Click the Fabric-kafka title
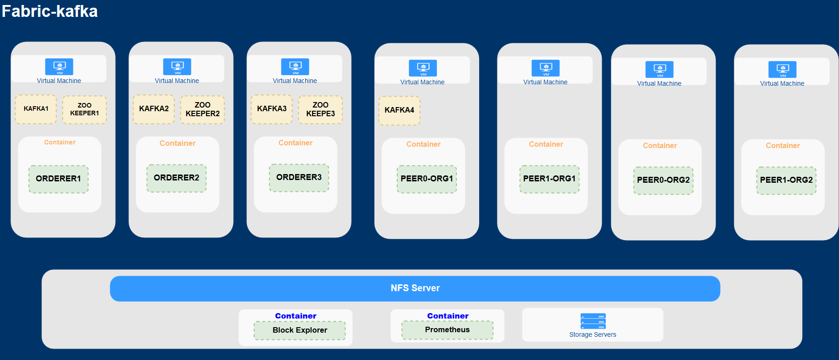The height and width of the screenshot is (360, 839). [50, 11]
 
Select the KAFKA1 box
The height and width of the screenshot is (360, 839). [36, 109]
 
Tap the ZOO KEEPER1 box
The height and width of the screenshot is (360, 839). [84, 109]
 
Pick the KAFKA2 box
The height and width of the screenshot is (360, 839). [154, 109]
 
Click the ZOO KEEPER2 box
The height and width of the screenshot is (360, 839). [203, 109]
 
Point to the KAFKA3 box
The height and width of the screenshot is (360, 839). [272, 109]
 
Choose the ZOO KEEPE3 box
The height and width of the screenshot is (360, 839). [321, 109]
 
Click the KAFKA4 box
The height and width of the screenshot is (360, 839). [399, 110]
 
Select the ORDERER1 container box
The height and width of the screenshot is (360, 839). [59, 179]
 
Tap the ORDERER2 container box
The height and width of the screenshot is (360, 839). [176, 178]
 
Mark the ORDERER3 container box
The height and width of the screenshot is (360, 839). [299, 178]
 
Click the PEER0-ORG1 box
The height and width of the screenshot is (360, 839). [427, 179]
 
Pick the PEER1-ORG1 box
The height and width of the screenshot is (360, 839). [550, 179]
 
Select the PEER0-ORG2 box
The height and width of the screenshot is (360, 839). [664, 180]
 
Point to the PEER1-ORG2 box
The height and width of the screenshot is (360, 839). [787, 180]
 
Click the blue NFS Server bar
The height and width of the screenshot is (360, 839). [415, 288]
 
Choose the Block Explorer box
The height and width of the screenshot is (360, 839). [300, 330]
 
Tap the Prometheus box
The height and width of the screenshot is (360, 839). [447, 330]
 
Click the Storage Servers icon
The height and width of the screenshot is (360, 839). [593, 321]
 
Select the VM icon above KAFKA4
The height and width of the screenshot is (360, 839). [423, 68]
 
